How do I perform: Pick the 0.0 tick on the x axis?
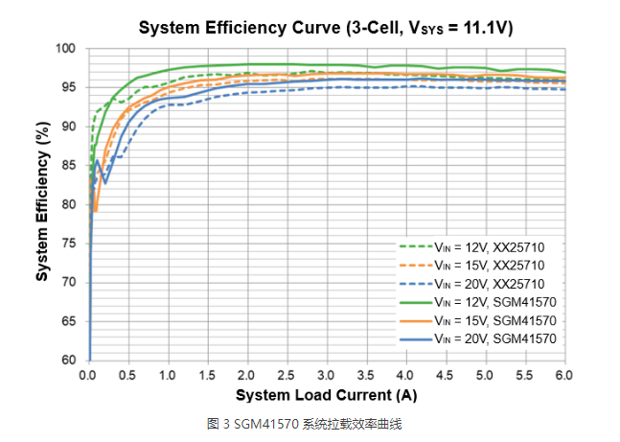88,376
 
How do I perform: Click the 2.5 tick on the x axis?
287,376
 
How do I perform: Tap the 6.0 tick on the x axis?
565,376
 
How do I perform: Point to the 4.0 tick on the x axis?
406,376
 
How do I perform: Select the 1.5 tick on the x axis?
208,376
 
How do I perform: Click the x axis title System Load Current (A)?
326,395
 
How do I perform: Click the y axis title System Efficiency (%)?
43,204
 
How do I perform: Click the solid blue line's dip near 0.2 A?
105,182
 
